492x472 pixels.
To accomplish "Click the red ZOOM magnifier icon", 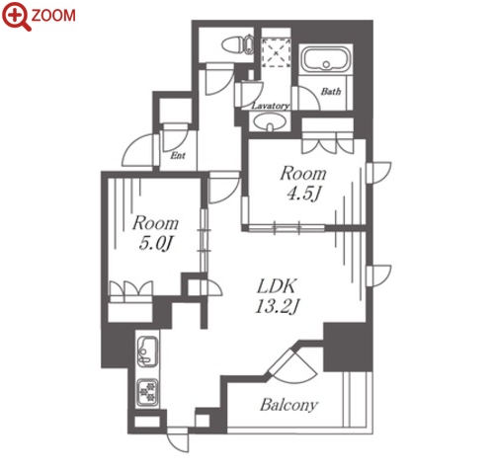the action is point(16,16).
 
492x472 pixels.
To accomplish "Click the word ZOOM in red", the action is point(53,16).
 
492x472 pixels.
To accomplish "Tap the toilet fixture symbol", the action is point(237,45).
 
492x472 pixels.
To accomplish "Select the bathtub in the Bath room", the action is point(326,59).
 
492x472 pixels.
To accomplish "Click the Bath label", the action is point(331,91).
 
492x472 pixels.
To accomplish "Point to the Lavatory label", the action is point(271,106).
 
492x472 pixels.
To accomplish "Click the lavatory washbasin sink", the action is point(270,122).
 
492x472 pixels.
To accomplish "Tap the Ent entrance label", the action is point(178,155).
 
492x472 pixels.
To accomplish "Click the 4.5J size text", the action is point(303,194).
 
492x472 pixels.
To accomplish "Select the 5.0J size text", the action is point(155,244).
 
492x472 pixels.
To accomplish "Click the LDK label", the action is point(277,286).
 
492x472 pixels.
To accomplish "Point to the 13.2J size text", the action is point(277,307).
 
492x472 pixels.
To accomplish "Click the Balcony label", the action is point(289,405).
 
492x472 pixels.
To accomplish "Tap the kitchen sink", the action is point(147,352).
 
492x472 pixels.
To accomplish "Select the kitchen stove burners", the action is point(147,392).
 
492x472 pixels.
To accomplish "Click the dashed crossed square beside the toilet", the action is point(276,52).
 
